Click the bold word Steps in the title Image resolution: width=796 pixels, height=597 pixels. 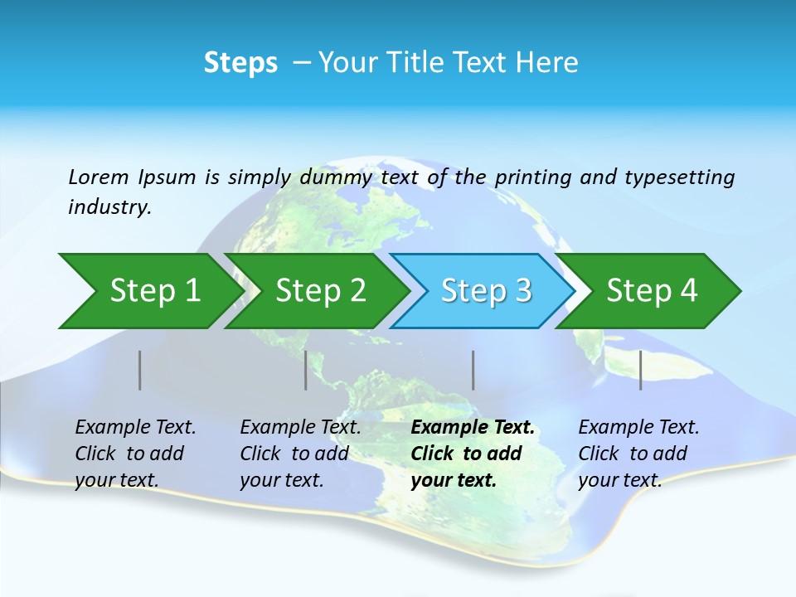point(240,63)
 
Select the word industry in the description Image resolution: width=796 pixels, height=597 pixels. point(109,207)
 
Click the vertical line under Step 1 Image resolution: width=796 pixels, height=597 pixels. point(140,370)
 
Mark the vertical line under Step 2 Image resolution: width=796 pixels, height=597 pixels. point(306,370)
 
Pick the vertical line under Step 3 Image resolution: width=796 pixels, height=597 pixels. point(473,370)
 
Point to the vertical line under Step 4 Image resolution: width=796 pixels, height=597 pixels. point(641,370)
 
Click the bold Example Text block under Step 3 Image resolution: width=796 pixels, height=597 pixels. point(473,454)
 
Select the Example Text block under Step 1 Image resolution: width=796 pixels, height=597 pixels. point(135,454)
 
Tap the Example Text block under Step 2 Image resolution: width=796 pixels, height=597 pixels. point(300,454)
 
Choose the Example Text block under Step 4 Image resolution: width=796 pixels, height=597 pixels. point(638,454)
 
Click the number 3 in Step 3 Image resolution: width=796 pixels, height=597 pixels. point(522,291)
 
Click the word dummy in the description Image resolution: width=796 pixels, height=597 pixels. point(340,177)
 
